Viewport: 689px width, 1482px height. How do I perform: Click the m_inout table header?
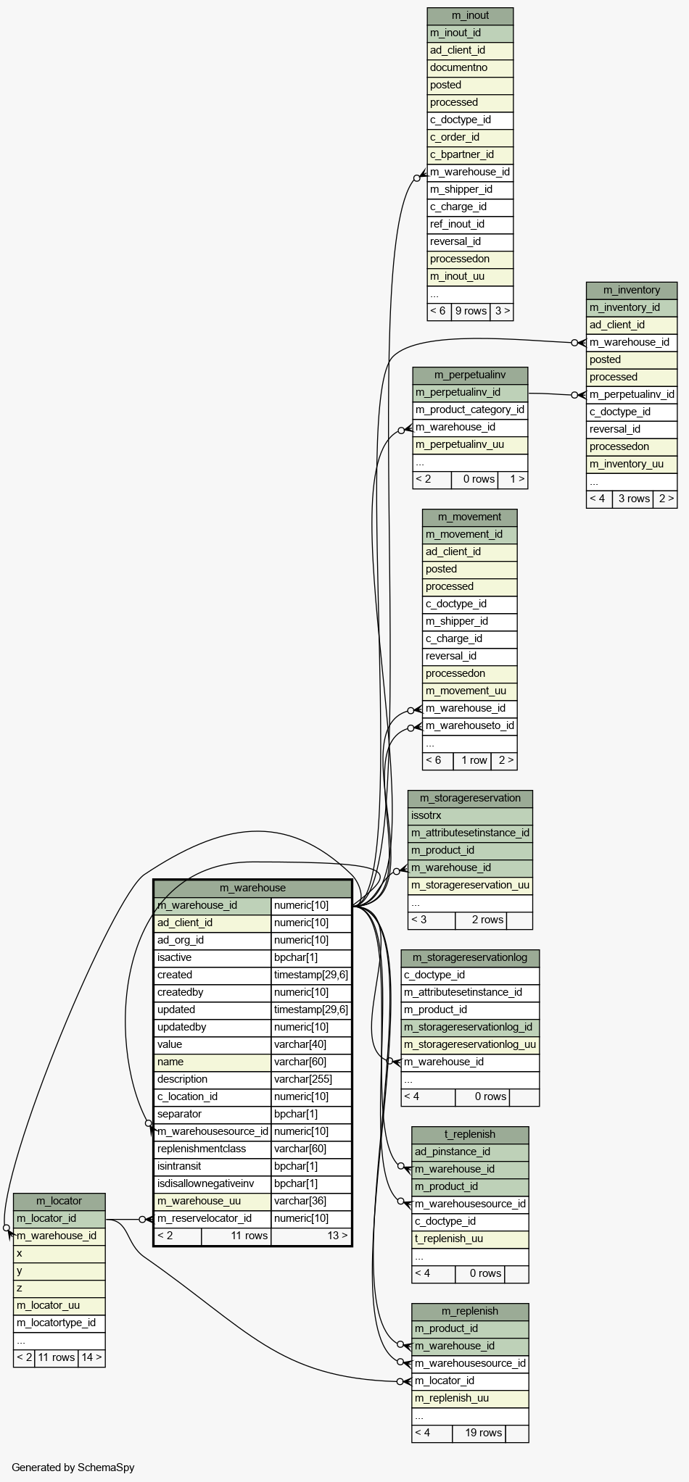[x=470, y=16]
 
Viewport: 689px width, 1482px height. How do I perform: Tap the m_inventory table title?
[x=632, y=291]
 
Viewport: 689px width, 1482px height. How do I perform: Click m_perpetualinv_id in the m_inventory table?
[x=632, y=395]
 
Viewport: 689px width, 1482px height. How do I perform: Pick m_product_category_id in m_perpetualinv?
[x=470, y=410]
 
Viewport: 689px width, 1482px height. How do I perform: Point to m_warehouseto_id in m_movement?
[x=470, y=726]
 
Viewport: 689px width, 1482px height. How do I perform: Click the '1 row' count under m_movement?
[x=472, y=760]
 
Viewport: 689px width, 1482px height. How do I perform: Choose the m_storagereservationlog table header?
[x=470, y=958]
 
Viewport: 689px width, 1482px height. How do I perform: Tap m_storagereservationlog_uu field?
[x=470, y=1045]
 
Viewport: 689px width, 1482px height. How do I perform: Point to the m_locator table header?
[x=59, y=1202]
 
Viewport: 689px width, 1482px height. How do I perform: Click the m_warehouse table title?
[x=252, y=888]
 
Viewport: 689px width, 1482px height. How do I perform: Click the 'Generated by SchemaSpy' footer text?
[x=73, y=1468]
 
